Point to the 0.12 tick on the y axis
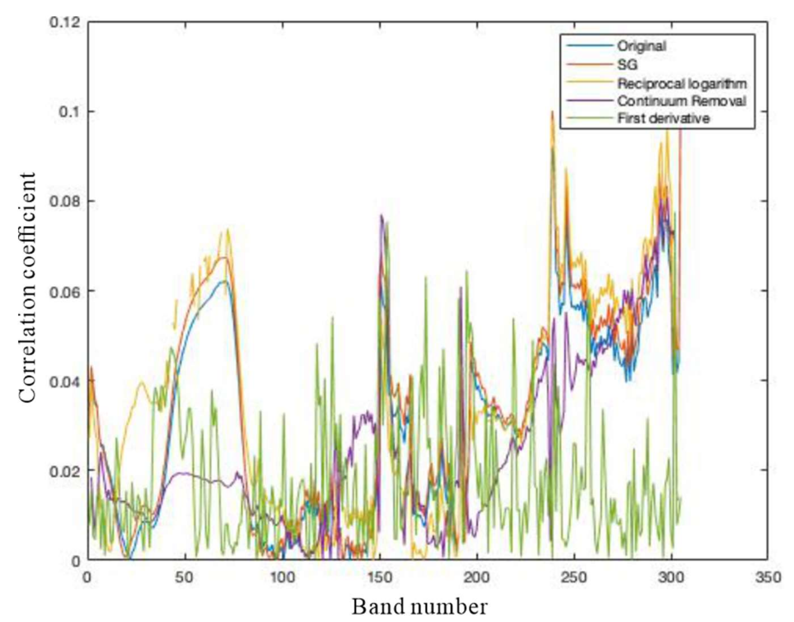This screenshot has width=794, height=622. (x=65, y=22)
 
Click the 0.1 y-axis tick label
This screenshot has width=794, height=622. (x=69, y=112)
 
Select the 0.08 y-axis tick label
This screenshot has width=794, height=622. (x=65, y=201)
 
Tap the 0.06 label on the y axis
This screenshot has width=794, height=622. (x=65, y=291)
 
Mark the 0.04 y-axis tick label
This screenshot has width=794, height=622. (x=65, y=380)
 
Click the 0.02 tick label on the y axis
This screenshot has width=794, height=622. (x=65, y=470)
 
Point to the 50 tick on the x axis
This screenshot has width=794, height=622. (x=186, y=578)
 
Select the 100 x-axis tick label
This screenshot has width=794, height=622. (x=283, y=578)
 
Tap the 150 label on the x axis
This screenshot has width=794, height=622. (x=380, y=578)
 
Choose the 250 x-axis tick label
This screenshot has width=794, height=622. (x=575, y=578)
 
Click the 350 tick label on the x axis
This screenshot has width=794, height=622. (x=768, y=578)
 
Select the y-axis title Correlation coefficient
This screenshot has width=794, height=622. (x=28, y=288)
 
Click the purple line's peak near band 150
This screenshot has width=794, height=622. (x=381, y=216)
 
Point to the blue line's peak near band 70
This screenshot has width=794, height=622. (x=225, y=281)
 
